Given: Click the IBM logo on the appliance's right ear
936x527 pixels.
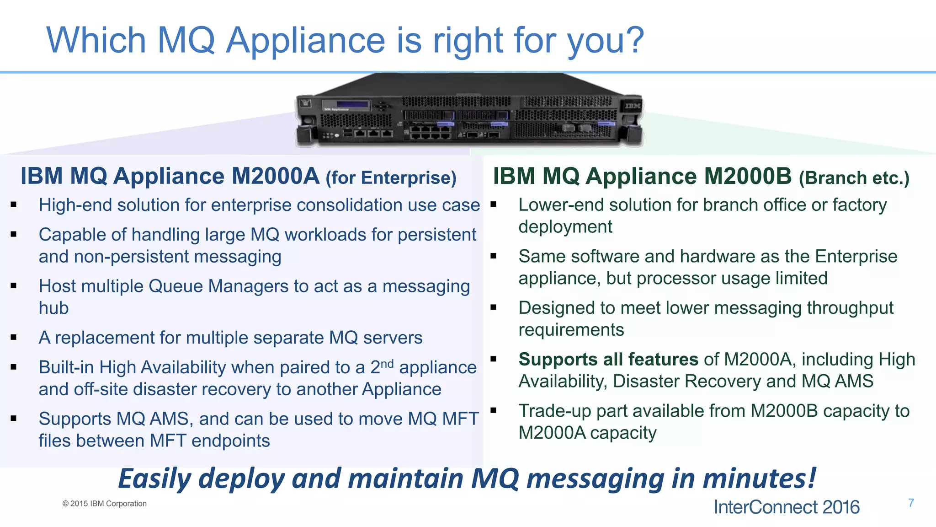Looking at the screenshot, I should coord(633,106).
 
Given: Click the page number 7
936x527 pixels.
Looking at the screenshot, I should coord(911,503).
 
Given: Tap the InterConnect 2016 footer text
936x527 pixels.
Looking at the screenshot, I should coord(786,507).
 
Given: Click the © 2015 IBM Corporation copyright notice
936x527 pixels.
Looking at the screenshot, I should coord(105,504).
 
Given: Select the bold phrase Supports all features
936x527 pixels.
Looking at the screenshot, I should coord(608,360).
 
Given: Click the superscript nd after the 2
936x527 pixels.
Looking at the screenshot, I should coord(387,364).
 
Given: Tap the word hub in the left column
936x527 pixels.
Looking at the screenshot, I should coord(53,308).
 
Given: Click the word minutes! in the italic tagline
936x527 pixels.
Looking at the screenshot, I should coord(759,479).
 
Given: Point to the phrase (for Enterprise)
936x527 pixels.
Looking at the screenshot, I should coord(391,178).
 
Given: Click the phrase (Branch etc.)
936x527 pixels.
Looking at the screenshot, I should coord(854,178).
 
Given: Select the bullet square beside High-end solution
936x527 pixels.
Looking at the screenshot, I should coord(14,205).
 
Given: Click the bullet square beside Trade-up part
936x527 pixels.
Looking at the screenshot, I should coord(493,410).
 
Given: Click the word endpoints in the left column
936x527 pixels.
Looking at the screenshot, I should coord(230,441).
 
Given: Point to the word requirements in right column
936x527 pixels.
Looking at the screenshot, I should coord(571,330).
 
